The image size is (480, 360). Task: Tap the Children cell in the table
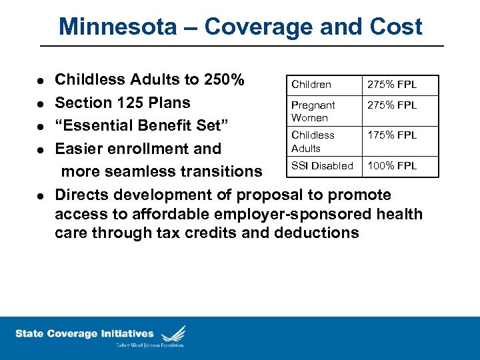click(x=311, y=85)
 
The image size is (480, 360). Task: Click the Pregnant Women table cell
click(x=313, y=111)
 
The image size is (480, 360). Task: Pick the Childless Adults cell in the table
click(x=312, y=141)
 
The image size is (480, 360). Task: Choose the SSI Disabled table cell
click(x=322, y=166)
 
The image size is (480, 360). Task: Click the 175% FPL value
click(x=392, y=135)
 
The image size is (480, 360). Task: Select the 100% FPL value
click(x=392, y=166)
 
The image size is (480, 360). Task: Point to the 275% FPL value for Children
click(x=392, y=85)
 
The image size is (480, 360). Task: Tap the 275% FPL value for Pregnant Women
click(x=392, y=105)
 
